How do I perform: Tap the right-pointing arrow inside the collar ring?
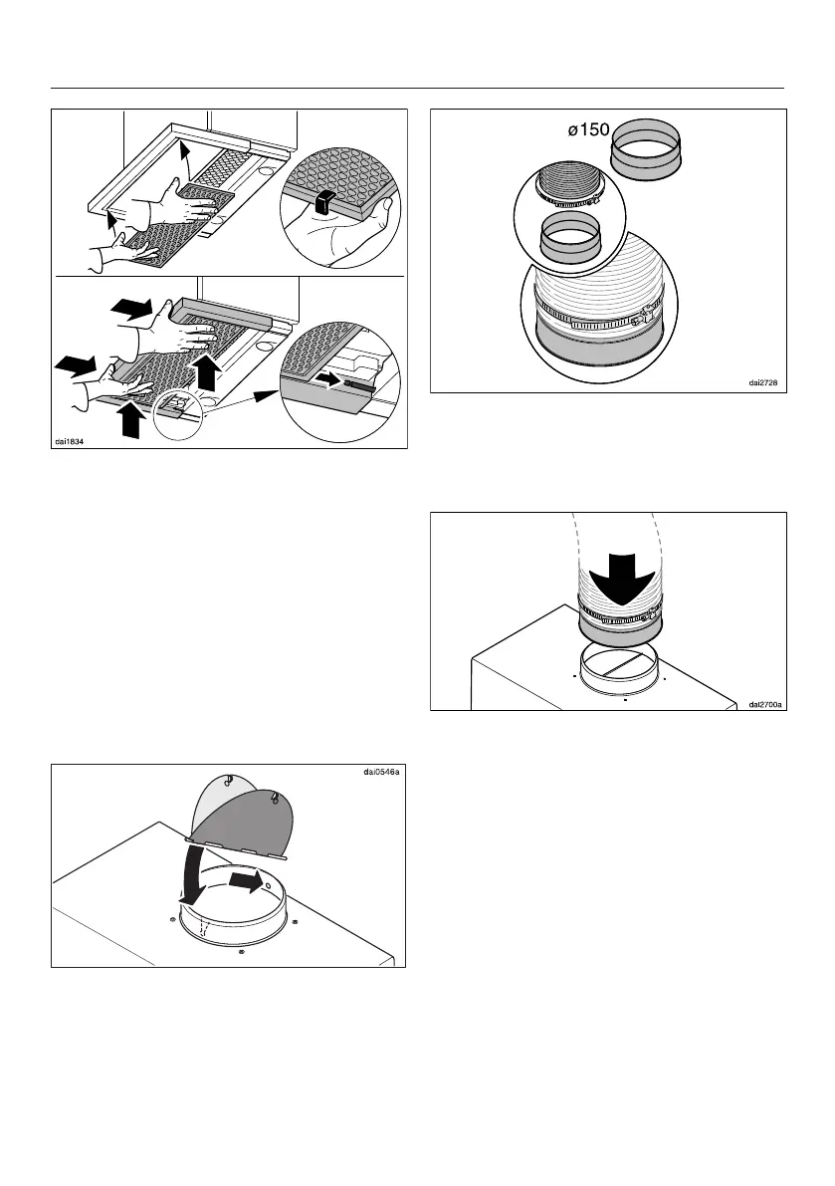coord(246,881)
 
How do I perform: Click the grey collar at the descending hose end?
coord(618,627)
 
